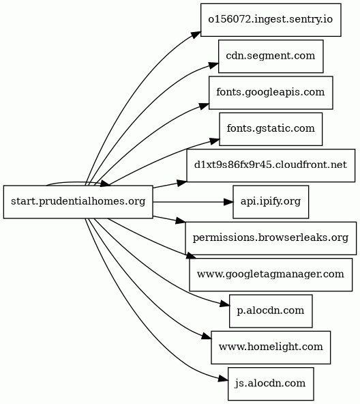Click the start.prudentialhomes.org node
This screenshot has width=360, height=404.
click(x=78, y=202)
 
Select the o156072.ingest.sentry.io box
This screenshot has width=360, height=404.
click(x=271, y=20)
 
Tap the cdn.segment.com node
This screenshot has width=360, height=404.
click(x=271, y=56)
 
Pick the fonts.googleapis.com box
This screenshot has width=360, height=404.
click(x=271, y=93)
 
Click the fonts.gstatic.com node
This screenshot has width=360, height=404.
click(x=271, y=129)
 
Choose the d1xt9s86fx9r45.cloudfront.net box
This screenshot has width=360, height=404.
click(x=271, y=165)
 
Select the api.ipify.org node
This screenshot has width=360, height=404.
click(x=271, y=202)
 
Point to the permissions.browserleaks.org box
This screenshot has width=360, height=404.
click(x=271, y=238)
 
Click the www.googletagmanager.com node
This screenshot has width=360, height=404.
click(x=271, y=274)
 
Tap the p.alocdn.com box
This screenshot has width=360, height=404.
click(x=271, y=311)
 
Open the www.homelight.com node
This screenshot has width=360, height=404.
click(x=271, y=347)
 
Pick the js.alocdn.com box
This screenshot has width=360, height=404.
click(x=271, y=384)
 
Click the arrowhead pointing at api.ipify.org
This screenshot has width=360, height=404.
click(x=228, y=202)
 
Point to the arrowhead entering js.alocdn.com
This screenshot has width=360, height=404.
click(x=223, y=379)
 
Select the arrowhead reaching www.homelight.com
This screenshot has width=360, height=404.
click(x=207, y=336)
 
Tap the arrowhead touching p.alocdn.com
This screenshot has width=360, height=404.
click(x=224, y=304)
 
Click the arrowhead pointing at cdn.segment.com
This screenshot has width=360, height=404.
click(x=213, y=66)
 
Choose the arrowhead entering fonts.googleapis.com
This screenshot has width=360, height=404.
click(x=205, y=106)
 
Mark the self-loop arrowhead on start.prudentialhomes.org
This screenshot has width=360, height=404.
click(x=106, y=184)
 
